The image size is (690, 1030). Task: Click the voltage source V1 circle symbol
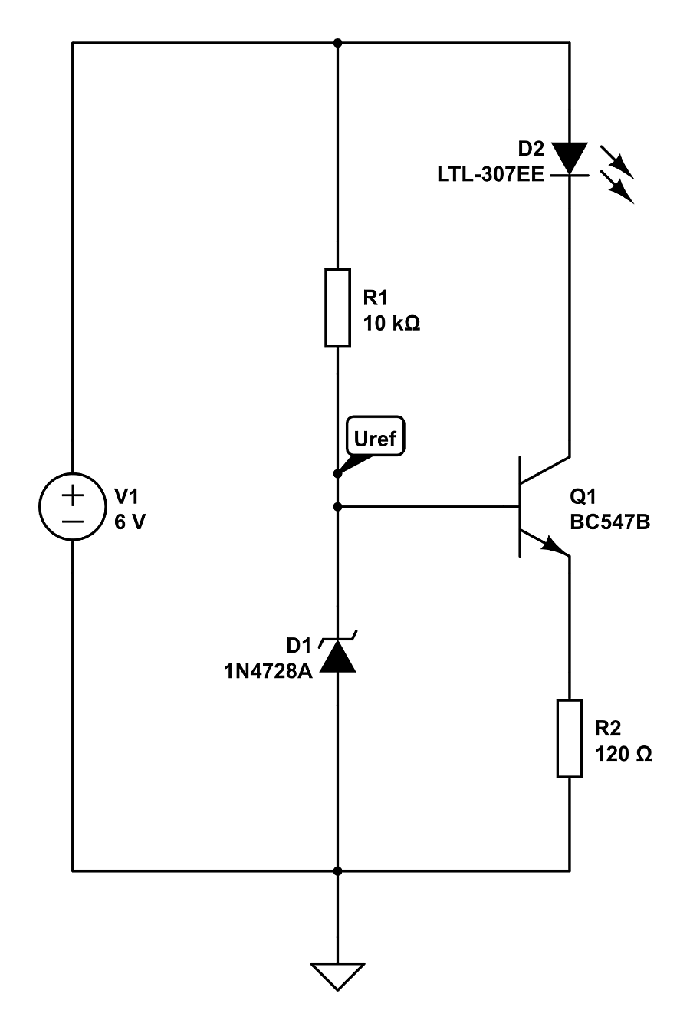tap(73, 507)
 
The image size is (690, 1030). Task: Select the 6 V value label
tap(129, 523)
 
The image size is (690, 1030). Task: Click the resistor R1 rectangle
tap(337, 308)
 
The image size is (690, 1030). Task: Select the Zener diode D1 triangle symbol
tap(337, 657)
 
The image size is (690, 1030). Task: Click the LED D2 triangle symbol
tap(570, 158)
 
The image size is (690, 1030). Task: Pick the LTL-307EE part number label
tap(490, 176)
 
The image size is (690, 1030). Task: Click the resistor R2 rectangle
tap(570, 738)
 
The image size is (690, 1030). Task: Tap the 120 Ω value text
tap(623, 754)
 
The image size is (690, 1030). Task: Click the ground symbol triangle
tap(337, 976)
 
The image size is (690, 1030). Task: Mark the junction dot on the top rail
tap(337, 43)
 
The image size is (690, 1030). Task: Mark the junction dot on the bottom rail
tap(337, 871)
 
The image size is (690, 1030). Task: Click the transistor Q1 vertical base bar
tap(519, 507)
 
